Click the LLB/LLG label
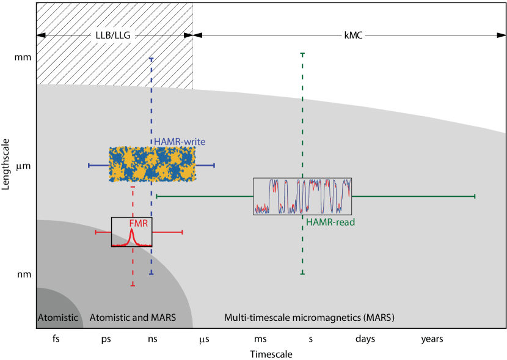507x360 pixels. coord(114,35)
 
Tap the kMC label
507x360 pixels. coord(352,35)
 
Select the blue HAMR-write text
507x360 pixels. coord(180,142)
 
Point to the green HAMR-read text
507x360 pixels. coord(330,222)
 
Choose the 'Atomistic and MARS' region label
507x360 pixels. coord(133,318)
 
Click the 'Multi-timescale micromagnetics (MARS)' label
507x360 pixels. coord(309,318)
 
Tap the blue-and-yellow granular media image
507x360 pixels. coord(150,164)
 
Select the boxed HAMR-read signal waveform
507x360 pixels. coord(302,196)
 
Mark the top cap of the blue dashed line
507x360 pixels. coord(151,59)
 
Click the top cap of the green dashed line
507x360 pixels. coord(302,54)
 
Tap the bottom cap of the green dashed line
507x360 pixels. coord(302,274)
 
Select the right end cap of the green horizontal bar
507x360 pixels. coord(475,196)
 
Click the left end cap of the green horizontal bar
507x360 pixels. coord(157,196)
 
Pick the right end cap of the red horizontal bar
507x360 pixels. coord(182,232)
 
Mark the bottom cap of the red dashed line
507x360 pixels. coord(133,285)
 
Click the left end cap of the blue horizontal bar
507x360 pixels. coord(89,165)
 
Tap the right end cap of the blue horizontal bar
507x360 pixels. coord(214,165)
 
